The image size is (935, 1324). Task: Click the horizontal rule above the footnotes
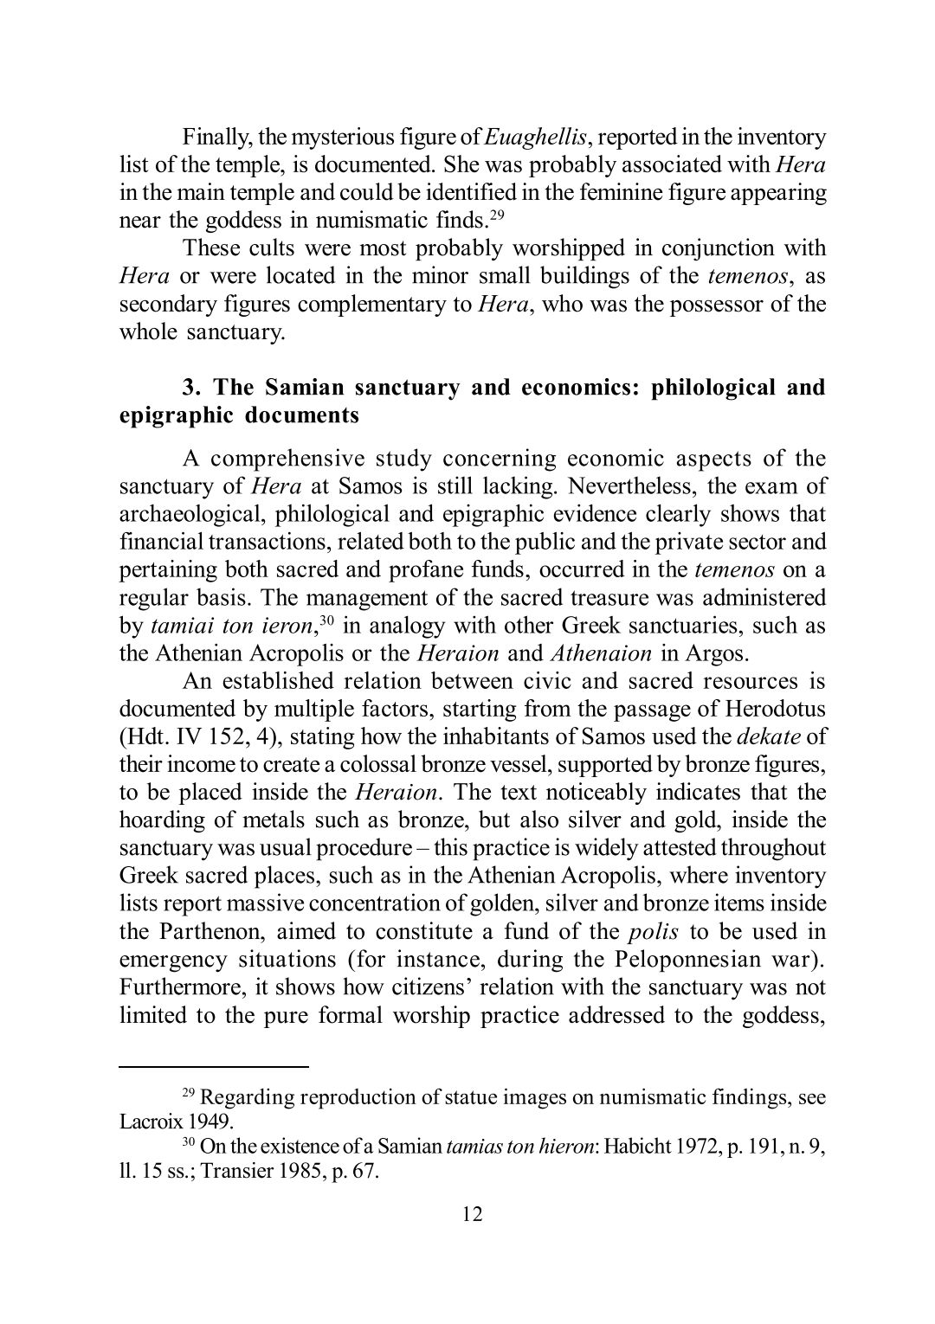[x=214, y=1067]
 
